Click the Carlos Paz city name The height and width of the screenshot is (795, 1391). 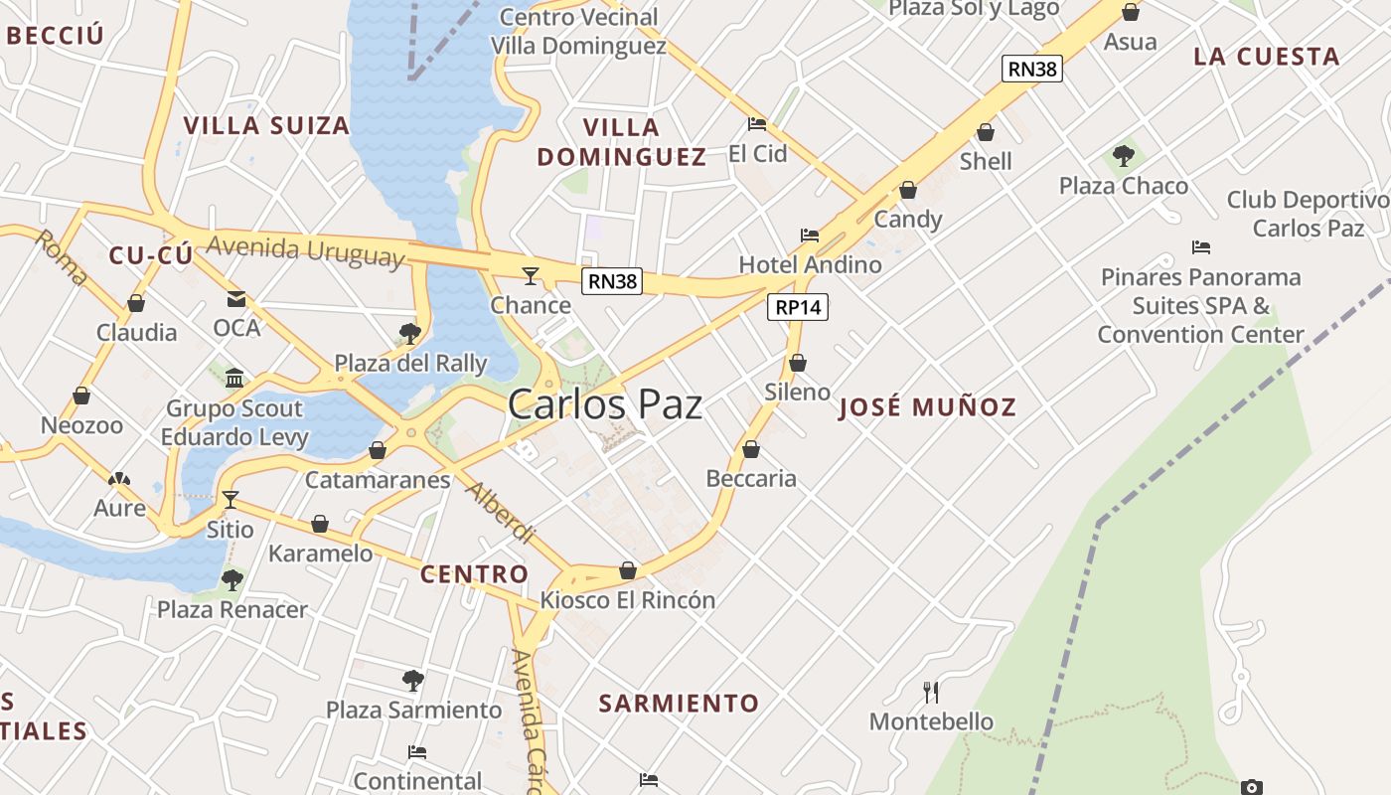(605, 404)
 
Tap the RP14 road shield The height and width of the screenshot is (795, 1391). (798, 307)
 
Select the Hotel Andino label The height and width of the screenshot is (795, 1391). (810, 264)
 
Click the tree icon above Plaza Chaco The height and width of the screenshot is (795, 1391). (1124, 155)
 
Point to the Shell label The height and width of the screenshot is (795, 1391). (986, 161)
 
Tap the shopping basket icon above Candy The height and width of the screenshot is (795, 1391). (908, 190)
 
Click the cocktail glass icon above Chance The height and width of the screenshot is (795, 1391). (532, 275)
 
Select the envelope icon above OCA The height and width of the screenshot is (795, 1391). (236, 298)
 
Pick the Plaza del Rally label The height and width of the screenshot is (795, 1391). (410, 363)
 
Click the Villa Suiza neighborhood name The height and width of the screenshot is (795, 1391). (266, 126)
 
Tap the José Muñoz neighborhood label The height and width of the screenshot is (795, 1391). (928, 407)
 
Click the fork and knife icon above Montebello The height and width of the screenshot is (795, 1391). (931, 692)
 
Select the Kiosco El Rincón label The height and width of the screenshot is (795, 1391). (627, 600)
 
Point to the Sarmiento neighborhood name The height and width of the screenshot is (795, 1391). (679, 704)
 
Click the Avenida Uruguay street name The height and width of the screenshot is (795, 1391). (306, 250)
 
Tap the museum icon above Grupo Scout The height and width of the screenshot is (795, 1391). (234, 378)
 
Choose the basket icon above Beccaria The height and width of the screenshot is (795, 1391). (751, 449)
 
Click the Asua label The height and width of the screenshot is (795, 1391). (1130, 42)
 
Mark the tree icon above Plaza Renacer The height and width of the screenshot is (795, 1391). (232, 578)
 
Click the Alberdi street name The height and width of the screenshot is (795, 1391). (501, 513)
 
